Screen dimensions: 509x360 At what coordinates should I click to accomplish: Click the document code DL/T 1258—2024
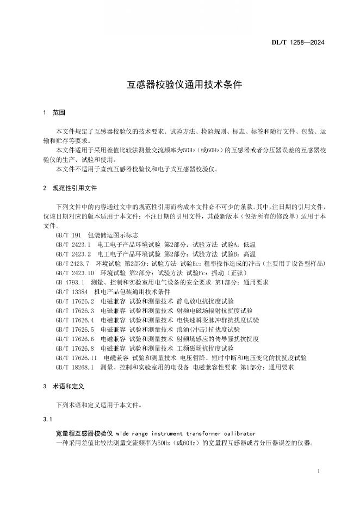[305, 42]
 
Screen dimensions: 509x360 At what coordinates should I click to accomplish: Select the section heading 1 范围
[54, 113]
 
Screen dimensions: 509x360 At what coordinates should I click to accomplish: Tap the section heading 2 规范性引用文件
[70, 188]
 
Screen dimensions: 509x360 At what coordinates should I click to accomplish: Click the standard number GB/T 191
[68, 234]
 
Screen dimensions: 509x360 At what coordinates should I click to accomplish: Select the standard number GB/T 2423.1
[73, 244]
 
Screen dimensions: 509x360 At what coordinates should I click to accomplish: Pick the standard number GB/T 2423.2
[73, 253]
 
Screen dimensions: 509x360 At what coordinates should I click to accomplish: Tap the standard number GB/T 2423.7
[73, 263]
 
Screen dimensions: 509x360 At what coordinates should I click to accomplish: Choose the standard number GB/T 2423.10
[75, 272]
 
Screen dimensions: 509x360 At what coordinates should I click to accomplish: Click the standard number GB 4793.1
[70, 282]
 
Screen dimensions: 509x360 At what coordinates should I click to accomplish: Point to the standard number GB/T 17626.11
[76, 358]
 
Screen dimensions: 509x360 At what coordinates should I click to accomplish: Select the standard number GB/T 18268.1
[75, 368]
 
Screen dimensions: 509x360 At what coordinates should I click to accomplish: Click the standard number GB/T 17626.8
[75, 349]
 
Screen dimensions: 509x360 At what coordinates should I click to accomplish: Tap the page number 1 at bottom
[318, 471]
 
